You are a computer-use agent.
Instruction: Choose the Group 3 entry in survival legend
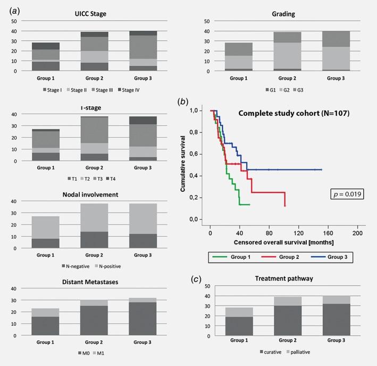click(330, 256)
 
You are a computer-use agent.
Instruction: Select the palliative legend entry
click(305, 351)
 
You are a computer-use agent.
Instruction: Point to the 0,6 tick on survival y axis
click(198, 154)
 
